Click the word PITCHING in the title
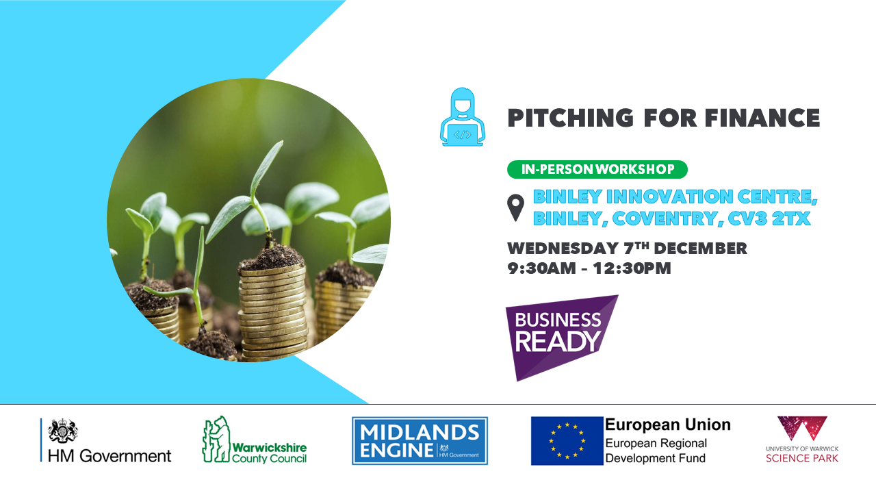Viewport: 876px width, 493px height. [x=570, y=118]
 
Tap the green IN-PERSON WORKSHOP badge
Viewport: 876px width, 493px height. [x=597, y=169]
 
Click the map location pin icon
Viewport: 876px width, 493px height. [x=515, y=207]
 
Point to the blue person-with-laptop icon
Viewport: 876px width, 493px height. [x=462, y=116]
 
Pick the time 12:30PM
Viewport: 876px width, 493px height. [x=632, y=268]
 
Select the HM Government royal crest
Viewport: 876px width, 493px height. [x=62, y=431]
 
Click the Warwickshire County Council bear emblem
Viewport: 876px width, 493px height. [x=216, y=440]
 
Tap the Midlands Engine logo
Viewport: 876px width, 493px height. [x=420, y=440]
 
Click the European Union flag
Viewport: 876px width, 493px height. [x=567, y=440]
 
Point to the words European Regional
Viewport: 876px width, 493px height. [x=656, y=443]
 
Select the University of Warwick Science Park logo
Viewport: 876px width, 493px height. [x=802, y=440]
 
